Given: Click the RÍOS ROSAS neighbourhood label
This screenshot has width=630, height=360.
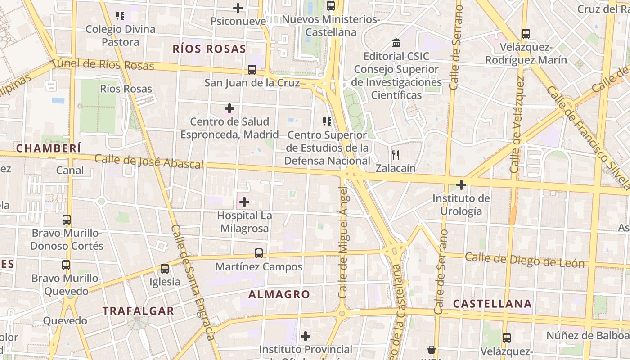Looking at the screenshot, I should point(209,49).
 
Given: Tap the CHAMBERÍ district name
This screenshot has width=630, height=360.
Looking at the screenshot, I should point(49,148).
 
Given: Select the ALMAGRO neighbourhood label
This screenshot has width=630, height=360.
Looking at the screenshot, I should point(279,295).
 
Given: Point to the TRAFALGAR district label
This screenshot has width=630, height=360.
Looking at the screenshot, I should point(138,311).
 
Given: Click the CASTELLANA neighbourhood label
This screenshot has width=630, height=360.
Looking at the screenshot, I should point(492,304).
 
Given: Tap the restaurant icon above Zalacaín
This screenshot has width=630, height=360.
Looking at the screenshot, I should point(396,155).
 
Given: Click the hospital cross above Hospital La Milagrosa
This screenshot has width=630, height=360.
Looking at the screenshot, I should point(244,202).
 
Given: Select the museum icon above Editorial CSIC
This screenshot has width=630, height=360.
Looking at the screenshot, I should point(396,43).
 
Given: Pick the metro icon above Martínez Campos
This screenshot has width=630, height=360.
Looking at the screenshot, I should point(258,253).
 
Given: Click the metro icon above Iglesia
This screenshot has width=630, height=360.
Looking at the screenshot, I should point(165,269).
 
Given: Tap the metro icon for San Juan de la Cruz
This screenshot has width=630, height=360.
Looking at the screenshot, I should point(252,70).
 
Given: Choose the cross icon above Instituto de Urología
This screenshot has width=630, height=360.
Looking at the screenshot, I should point(461,185).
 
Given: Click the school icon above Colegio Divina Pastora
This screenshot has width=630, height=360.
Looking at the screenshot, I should point(120,16).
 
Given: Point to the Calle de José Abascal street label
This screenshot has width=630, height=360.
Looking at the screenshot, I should point(149,162).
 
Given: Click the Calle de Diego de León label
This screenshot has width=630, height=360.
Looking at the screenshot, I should point(524,260).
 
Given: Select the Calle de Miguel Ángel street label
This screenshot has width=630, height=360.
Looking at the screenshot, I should point(343,250).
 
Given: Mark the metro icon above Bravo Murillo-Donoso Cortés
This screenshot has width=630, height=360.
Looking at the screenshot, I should point(67,220).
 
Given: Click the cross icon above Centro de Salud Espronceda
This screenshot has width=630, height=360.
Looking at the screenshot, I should point(229,108).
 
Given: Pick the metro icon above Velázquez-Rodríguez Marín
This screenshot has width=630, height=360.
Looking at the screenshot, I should point(526,34).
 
